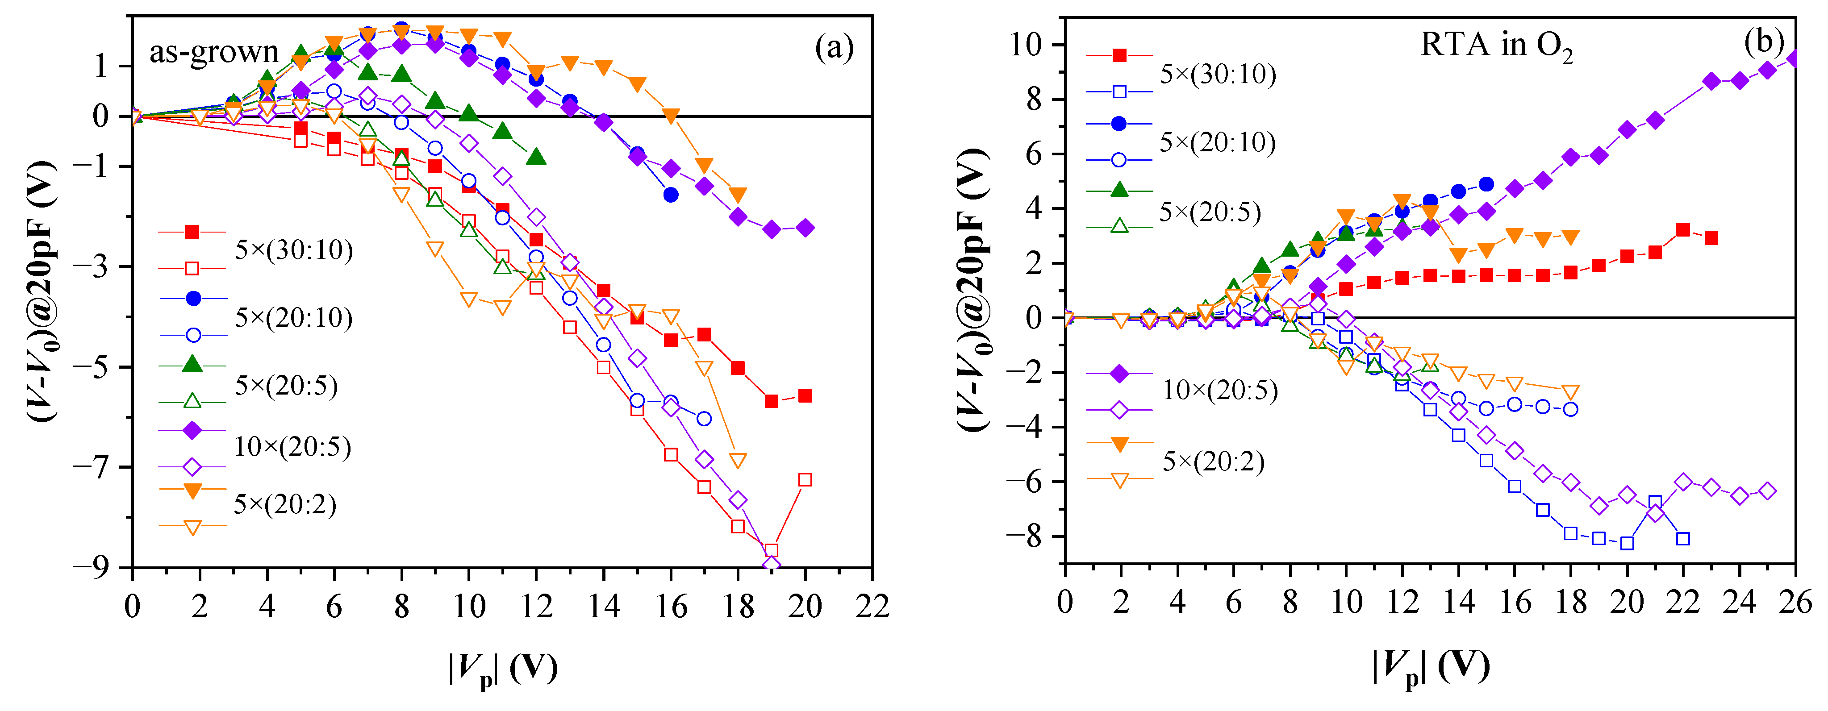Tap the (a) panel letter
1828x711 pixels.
[834, 48]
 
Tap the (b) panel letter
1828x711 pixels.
[1763, 42]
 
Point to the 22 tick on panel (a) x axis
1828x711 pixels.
[872, 607]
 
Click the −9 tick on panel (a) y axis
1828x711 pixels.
[99, 568]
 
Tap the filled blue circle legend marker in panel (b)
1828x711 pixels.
[1119, 124]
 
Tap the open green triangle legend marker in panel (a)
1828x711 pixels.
[192, 402]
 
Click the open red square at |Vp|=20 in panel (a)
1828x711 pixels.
[805, 480]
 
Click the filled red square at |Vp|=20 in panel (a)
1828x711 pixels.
[805, 396]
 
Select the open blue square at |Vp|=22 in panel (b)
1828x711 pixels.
[1682, 539]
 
